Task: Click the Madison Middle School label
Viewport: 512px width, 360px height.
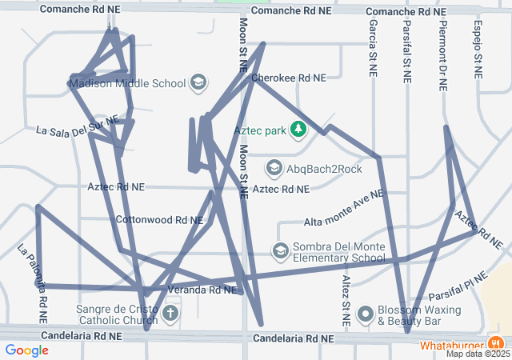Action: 127,83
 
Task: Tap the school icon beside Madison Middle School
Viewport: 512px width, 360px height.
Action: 198,83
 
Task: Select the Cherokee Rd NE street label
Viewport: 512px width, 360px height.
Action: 288,78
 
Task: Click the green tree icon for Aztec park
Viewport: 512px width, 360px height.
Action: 298,129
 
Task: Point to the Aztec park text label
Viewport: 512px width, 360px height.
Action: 259,129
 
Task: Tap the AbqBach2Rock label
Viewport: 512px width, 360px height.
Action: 325,169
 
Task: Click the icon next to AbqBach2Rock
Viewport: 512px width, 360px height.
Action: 274,168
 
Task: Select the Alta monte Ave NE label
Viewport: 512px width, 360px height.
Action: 344,208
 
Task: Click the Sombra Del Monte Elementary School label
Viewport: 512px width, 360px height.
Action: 338,252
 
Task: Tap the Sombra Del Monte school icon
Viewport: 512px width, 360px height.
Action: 280,252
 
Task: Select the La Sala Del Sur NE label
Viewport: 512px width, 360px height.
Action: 78,127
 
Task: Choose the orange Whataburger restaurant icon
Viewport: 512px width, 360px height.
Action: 493,345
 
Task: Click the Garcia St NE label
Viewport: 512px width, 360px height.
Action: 373,48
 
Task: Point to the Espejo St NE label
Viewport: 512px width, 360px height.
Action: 478,48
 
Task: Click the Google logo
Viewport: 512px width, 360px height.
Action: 26,350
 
